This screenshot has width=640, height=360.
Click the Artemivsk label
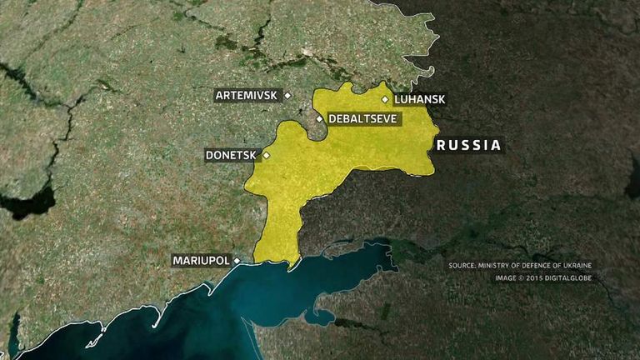pos(246,95)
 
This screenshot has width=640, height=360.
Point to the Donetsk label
pos(232,155)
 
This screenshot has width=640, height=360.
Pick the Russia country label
pos(469,145)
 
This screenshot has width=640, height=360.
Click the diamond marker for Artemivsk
pos(287,95)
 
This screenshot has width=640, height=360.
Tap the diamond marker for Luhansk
pos(385,99)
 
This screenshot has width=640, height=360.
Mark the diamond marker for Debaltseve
pos(319,118)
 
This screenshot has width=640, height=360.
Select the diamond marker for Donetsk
pos(267,155)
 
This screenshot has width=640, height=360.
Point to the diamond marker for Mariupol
pos(237,260)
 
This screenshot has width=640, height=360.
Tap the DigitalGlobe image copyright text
pos(543,277)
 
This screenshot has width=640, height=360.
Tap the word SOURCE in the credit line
pos(461,266)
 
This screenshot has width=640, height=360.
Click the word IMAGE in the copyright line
pos(506,277)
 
